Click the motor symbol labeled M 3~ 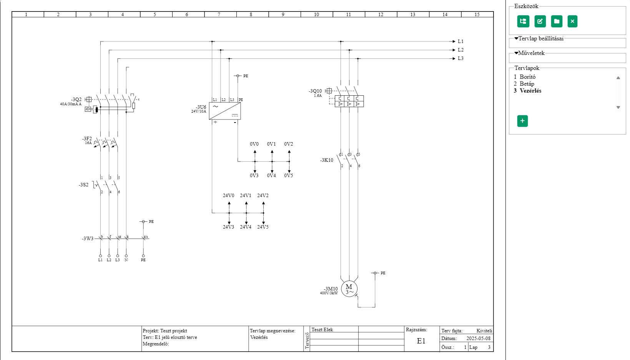coord(349,289)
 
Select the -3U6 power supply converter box coord(225,111)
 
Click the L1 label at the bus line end coord(460,41)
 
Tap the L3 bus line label coord(460,58)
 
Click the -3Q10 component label coord(315,91)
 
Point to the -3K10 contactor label coord(327,160)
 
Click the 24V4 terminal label coord(246,227)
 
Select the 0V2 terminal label coord(288,144)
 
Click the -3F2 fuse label coord(87,139)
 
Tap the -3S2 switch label coord(83,185)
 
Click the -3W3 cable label coord(87,239)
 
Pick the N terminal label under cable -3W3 coord(126,260)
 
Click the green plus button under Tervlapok coord(522,121)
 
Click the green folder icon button coord(557,22)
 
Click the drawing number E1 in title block coord(421,341)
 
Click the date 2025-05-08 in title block coord(478,338)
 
